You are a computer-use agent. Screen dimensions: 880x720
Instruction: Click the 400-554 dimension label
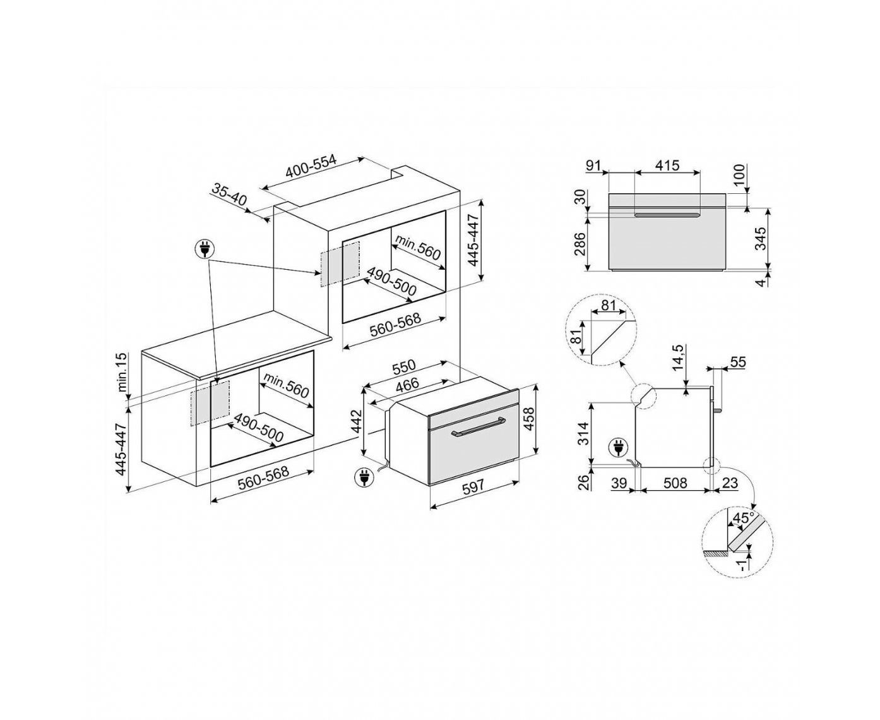tap(311, 169)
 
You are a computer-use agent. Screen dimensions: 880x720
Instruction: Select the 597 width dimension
tap(473, 485)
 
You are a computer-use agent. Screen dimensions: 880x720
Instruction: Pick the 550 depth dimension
tap(404, 366)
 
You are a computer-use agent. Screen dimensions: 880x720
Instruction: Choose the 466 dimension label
tap(407, 385)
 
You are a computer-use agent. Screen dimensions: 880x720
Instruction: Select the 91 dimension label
tap(593, 165)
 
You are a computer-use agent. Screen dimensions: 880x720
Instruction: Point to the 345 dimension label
tap(761, 238)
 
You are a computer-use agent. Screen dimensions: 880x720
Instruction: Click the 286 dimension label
tap(580, 244)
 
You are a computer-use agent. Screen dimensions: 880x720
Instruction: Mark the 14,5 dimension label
tap(677, 357)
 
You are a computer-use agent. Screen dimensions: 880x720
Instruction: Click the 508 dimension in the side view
tap(675, 483)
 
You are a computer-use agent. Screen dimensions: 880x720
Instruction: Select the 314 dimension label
tap(583, 434)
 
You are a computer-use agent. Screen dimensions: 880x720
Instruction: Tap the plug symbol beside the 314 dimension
tap(616, 448)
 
